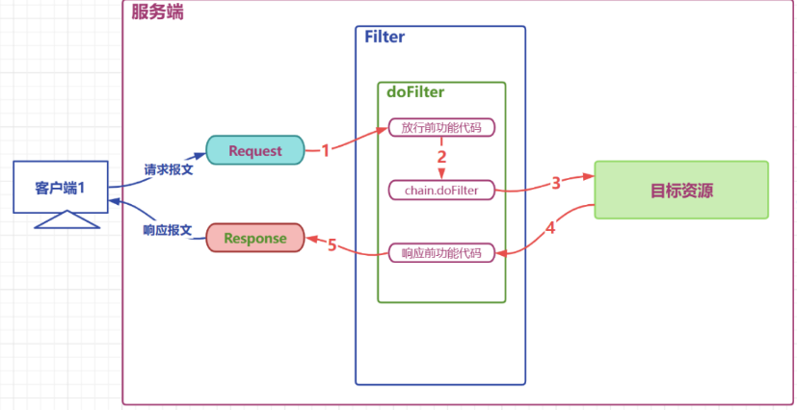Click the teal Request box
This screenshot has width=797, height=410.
255,150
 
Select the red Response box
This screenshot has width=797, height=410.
255,238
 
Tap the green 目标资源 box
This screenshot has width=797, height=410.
681,190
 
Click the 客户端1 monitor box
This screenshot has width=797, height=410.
61,187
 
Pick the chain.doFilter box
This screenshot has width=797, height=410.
441,191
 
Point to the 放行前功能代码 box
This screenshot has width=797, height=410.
441,127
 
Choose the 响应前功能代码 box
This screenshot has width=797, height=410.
441,253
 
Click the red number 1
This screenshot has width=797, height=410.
326,151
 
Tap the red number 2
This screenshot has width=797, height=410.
441,157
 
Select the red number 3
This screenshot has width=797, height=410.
556,183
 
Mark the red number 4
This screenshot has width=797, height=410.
550,228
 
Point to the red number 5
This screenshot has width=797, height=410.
332,245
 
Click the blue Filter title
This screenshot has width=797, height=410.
385,37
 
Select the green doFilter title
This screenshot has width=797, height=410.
415,91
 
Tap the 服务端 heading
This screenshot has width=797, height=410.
158,13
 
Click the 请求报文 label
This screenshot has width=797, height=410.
169,169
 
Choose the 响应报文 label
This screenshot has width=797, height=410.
168,230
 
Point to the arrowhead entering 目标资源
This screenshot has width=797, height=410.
589,176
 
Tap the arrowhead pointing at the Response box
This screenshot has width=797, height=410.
310,238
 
